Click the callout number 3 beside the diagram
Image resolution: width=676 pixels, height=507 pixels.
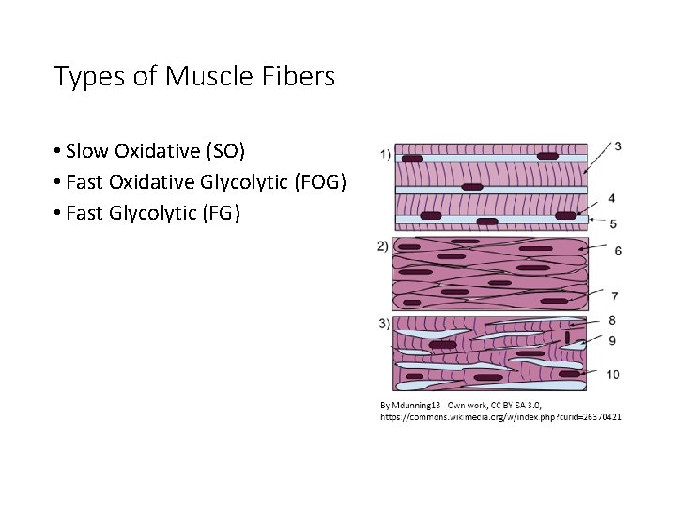[617, 146]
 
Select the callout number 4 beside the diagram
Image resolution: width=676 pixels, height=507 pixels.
[612, 199]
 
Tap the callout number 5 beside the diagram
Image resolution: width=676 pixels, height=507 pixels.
[613, 224]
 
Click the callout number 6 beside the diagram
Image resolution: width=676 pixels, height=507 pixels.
[617, 251]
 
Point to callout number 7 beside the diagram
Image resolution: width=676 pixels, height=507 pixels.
[613, 296]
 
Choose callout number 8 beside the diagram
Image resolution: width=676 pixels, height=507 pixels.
[612, 321]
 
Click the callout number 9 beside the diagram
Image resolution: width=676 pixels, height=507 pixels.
[612, 341]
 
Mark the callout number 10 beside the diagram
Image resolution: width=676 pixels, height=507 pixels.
[612, 375]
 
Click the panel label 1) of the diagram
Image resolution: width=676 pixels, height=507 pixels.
[385, 153]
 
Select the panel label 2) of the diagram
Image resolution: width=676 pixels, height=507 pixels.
[383, 246]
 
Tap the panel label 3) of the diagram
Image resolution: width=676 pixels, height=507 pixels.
[384, 324]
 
